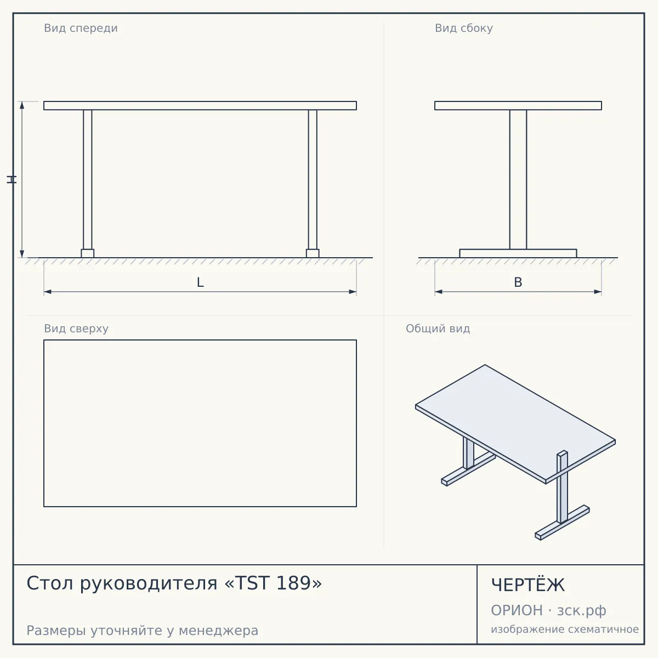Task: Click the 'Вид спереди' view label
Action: click(81, 28)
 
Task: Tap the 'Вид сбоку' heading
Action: click(464, 28)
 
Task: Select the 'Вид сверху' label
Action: click(76, 328)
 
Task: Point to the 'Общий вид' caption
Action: click(438, 328)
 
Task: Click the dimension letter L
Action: click(200, 282)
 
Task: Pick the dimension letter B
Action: click(518, 282)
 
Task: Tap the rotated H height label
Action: click(12, 179)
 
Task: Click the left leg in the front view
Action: click(87, 180)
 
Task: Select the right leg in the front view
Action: click(313, 180)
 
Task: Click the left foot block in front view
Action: click(87, 253)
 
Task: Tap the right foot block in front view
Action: click(313, 253)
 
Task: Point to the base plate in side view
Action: click(518, 253)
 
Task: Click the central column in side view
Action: click(518, 180)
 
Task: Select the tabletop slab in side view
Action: click(518, 105)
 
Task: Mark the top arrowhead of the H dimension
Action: click(22, 105)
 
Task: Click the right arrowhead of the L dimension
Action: click(353, 292)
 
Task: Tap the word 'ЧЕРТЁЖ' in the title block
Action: click(528, 585)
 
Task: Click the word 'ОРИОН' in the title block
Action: click(517, 610)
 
